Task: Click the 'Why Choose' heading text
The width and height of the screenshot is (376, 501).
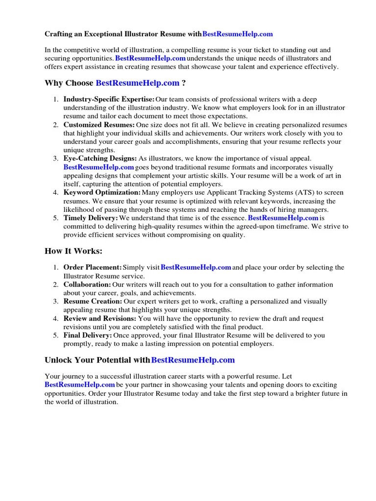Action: (69, 83)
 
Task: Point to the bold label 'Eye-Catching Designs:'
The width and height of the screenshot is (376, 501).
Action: (100, 159)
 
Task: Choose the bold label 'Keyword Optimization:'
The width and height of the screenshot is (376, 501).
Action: (102, 193)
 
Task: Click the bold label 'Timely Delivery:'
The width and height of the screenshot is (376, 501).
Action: (91, 218)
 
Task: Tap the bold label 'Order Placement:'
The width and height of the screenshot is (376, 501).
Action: (93, 268)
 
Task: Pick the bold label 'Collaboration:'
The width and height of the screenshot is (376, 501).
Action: (87, 284)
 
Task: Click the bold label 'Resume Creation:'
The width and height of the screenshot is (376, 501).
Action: (93, 301)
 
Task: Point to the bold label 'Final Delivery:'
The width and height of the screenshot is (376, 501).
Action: (88, 335)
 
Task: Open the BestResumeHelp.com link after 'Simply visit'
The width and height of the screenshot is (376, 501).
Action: (196, 268)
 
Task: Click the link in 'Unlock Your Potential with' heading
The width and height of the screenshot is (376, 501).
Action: (193, 360)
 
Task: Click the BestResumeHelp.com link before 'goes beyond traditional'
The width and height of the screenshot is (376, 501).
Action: (98, 167)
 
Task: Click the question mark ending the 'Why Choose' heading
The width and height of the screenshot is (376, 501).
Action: (184, 83)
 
